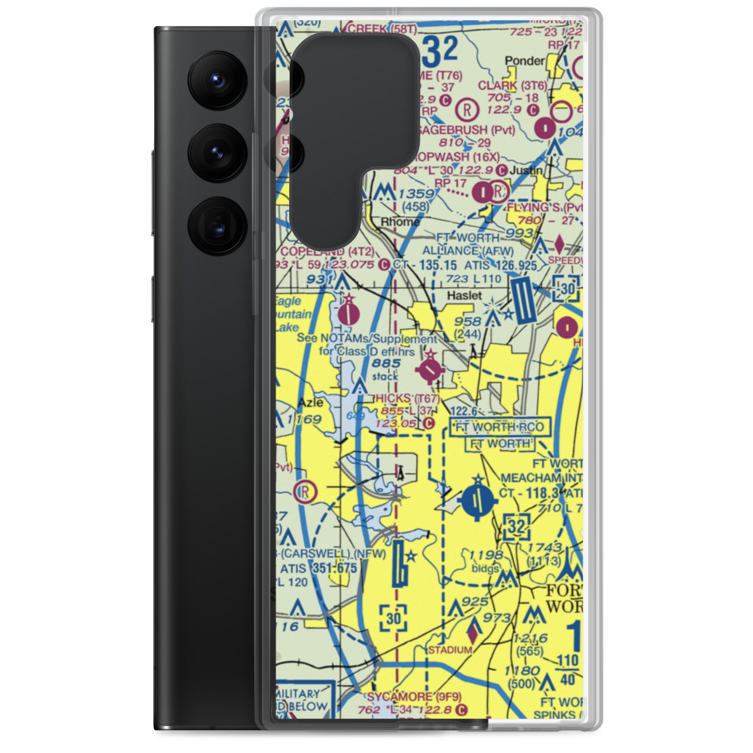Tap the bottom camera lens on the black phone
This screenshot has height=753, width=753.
[x=215, y=224]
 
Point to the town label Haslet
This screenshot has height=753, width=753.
[x=464, y=296]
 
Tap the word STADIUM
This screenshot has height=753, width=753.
[x=450, y=649]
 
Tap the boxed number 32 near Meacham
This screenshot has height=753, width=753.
[x=516, y=528]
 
